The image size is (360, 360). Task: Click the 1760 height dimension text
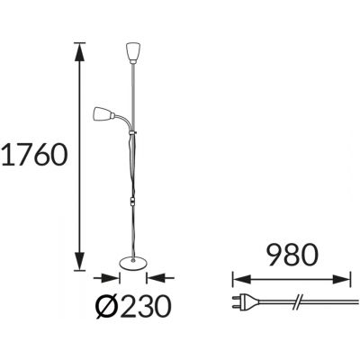tap(34, 155)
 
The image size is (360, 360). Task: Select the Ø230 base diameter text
tap(132, 306)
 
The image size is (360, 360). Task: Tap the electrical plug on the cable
tap(244, 302)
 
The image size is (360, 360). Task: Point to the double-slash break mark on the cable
tap(298, 301)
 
